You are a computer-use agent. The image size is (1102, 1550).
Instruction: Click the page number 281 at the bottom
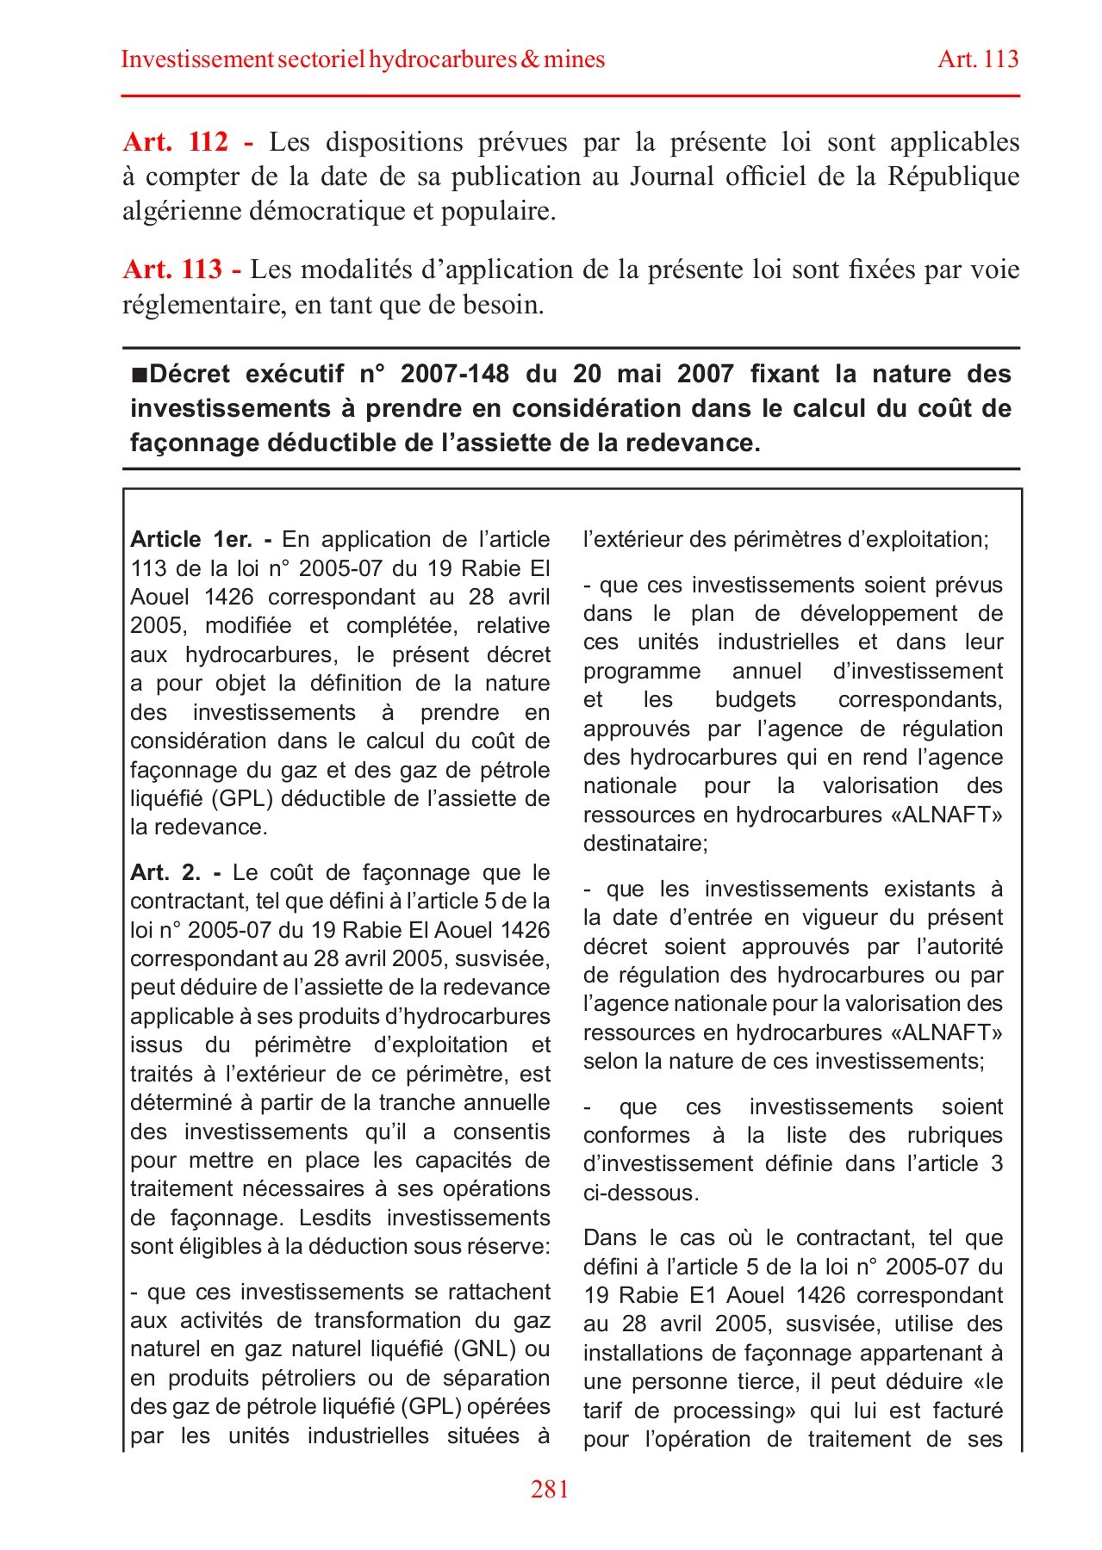tap(550, 1490)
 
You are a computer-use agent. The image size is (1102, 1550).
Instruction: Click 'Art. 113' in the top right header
tap(978, 59)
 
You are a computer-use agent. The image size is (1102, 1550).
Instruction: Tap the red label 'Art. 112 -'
tap(189, 142)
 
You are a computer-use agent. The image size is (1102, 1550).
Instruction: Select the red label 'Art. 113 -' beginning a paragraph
tap(182, 270)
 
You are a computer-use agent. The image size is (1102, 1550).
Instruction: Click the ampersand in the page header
tap(530, 59)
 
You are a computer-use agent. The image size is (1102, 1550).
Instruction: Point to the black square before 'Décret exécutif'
tap(139, 375)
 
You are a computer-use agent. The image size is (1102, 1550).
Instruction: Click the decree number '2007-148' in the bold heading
tap(455, 374)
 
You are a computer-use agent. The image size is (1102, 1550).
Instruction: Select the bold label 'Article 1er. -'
tap(201, 540)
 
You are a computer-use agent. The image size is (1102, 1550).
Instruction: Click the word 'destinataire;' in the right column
tap(645, 843)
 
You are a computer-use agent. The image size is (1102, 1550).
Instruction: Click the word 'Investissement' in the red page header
tap(197, 59)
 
